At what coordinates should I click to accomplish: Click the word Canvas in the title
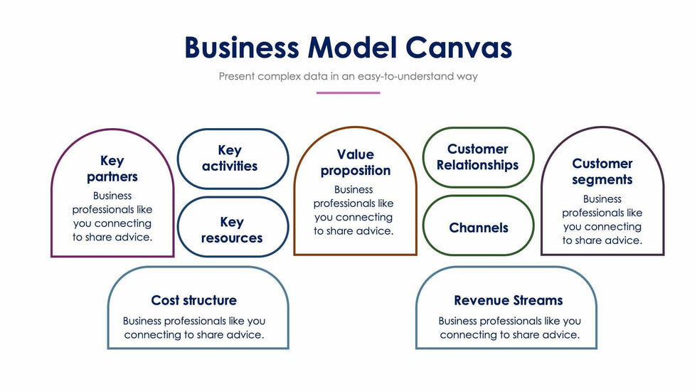[459, 48]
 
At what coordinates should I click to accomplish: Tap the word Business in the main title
[241, 48]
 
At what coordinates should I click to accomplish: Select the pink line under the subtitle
[348, 92]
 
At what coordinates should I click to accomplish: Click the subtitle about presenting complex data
[348, 76]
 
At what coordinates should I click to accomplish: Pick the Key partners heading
[112, 169]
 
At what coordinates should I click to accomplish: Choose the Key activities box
[233, 159]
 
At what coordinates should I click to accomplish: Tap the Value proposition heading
[355, 162]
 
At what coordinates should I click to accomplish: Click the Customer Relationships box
[478, 157]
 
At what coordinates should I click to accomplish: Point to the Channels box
[478, 228]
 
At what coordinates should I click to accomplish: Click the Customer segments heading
[602, 171]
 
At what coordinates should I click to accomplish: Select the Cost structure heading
[193, 300]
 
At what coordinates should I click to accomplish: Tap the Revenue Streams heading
[508, 300]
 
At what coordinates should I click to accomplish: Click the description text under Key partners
[112, 216]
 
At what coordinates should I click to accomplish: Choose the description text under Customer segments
[602, 220]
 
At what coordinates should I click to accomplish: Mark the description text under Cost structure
[193, 327]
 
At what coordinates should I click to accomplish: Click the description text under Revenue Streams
[509, 327]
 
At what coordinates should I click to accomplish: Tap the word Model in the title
[353, 48]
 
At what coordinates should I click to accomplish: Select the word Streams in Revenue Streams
[538, 300]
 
